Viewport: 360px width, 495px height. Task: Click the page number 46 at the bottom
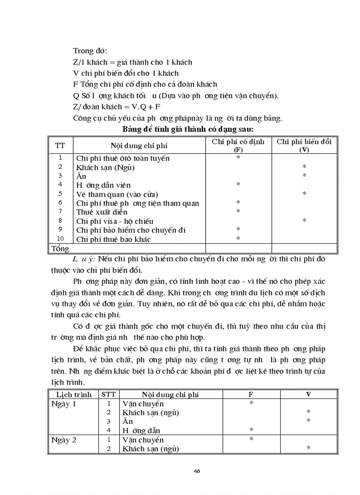[197, 471]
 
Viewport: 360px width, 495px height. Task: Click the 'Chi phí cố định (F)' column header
[238, 145]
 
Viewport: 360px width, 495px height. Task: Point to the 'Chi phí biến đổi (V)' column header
[304, 145]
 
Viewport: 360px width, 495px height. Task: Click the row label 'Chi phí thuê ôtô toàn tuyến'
[123, 158]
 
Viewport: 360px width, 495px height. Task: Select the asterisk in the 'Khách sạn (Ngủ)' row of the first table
[304, 167]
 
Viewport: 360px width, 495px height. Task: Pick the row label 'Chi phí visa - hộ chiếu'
[115, 221]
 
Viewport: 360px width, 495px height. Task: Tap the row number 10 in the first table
[60, 238]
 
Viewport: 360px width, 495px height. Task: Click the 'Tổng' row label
[60, 249]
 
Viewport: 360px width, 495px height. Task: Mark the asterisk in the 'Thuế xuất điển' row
[238, 212]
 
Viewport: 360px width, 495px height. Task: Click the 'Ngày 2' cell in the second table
[64, 440]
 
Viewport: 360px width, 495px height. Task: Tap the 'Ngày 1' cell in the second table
[64, 404]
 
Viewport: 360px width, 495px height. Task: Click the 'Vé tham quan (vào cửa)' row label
[117, 194]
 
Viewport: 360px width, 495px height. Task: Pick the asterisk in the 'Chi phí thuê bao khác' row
[238, 239]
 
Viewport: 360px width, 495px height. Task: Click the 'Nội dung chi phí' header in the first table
[139, 145]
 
